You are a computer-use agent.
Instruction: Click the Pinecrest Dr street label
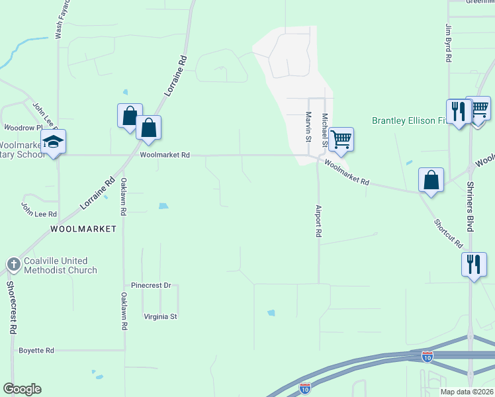pos(151,285)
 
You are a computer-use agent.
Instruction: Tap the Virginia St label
pos(160,317)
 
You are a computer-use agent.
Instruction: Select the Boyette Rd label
pos(36,350)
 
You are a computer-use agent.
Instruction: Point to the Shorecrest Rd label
pos(11,307)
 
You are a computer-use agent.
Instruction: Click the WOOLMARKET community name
pos(83,229)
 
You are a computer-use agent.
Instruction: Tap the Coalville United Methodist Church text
pos(60,265)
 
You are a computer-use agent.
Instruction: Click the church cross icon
pos(13,265)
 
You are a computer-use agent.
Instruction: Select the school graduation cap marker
pos(53,142)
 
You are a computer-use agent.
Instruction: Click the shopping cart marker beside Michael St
pos(341,139)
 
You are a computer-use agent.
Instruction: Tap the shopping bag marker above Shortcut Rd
pos(431,179)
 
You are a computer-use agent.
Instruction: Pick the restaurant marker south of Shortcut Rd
pos(474,265)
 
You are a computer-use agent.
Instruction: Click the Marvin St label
pos(308,126)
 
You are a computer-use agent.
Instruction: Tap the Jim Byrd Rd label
pos(448,43)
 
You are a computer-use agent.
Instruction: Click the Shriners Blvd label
pos(471,206)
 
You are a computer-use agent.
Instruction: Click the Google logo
pos(22,389)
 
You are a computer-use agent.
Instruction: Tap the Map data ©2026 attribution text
pos(466,392)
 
